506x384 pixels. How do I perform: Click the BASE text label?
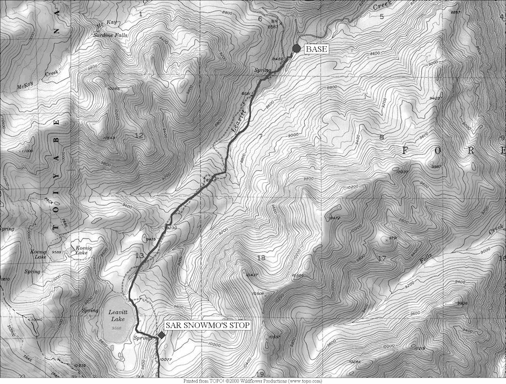[316, 49]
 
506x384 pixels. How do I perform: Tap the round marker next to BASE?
[296, 49]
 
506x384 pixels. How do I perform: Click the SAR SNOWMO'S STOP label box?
[207, 325]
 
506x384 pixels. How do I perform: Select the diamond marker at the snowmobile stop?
[161, 335]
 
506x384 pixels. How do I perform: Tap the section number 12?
[139, 136]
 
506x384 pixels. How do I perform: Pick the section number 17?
[382, 259]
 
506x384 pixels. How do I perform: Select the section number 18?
[262, 258]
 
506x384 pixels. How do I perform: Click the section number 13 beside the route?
[140, 256]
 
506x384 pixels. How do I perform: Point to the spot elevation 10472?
[334, 218]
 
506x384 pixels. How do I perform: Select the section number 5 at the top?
[381, 17]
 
